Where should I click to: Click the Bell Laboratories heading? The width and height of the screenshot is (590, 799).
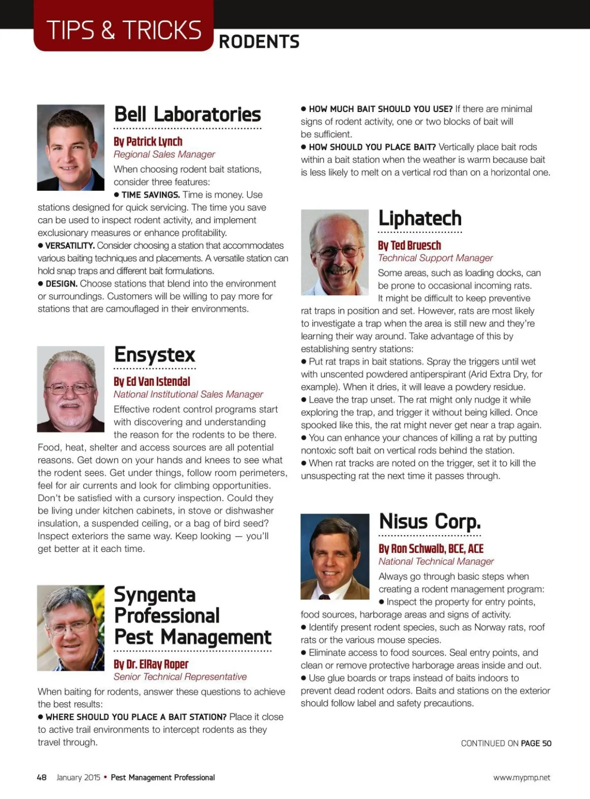pyautogui.click(x=187, y=114)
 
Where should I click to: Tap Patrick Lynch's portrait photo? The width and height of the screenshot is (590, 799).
pyautogui.click(x=71, y=147)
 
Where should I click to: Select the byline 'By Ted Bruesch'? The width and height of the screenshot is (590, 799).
pyautogui.click(x=409, y=245)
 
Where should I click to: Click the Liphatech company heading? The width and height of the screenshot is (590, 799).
pyautogui.click(x=420, y=218)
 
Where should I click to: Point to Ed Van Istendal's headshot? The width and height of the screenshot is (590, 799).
pyautogui.click(x=71, y=389)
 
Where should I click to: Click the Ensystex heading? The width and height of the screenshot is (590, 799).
pyautogui.click(x=154, y=355)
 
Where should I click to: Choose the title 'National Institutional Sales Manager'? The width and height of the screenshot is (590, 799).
pyautogui.click(x=188, y=394)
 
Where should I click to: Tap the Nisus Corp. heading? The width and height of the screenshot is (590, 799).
pyautogui.click(x=430, y=521)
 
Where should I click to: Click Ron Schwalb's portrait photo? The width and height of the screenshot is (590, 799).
pyautogui.click(x=335, y=556)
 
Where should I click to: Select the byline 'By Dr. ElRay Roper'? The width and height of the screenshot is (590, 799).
pyautogui.click(x=151, y=664)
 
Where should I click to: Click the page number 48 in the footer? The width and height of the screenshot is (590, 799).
pyautogui.click(x=42, y=777)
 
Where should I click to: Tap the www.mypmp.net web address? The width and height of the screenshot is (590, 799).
pyautogui.click(x=522, y=777)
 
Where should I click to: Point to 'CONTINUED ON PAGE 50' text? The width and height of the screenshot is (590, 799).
pyautogui.click(x=506, y=743)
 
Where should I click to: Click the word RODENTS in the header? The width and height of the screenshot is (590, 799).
pyautogui.click(x=259, y=42)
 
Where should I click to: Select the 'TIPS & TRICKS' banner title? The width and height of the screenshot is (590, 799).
pyautogui.click(x=124, y=30)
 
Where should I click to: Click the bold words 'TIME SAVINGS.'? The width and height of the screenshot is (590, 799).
pyautogui.click(x=150, y=195)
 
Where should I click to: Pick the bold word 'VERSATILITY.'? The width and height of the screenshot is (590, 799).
pyautogui.click(x=70, y=246)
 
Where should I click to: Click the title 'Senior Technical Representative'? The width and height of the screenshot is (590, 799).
pyautogui.click(x=180, y=677)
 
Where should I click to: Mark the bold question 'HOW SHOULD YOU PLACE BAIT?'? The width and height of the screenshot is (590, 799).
pyautogui.click(x=372, y=147)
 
